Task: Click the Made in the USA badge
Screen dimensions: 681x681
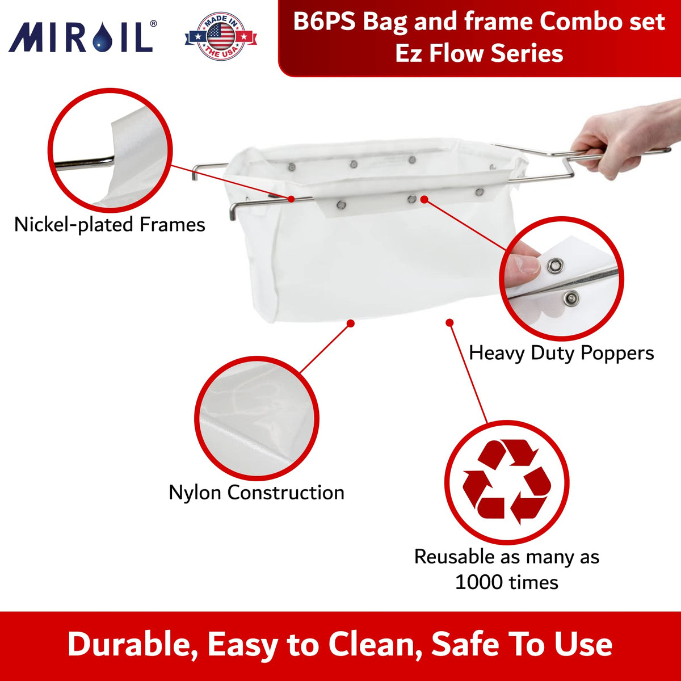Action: tap(221, 36)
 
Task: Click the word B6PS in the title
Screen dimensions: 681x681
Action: tap(324, 22)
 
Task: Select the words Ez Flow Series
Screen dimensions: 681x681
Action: tap(479, 53)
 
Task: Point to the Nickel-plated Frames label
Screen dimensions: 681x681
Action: tap(110, 224)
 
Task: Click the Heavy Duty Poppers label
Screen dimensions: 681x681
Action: tap(561, 352)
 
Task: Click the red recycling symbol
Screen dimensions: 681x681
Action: tap(507, 482)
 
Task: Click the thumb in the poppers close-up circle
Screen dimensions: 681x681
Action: tap(522, 265)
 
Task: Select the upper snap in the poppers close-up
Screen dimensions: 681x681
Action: tap(555, 264)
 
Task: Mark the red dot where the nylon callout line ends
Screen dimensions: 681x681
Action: tap(351, 323)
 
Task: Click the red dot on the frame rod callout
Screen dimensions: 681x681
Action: tap(291, 199)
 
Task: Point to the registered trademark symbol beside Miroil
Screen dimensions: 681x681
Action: tap(153, 23)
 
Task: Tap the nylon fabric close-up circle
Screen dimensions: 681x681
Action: tap(257, 418)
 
